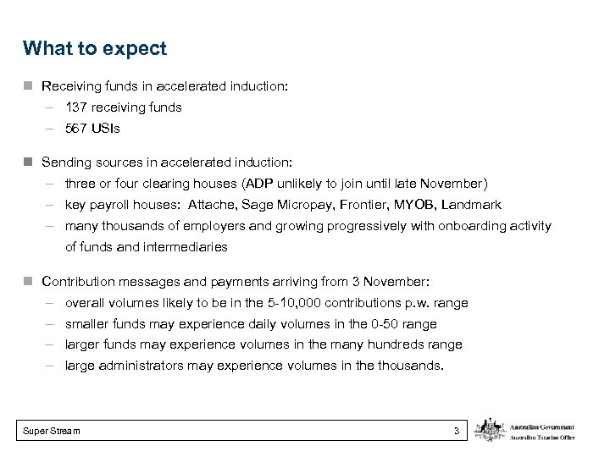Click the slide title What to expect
[95, 48]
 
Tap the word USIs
[106, 129]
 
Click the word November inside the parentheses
[454, 183]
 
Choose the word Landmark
[474, 205]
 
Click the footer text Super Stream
[52, 431]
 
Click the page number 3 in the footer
[457, 431]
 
